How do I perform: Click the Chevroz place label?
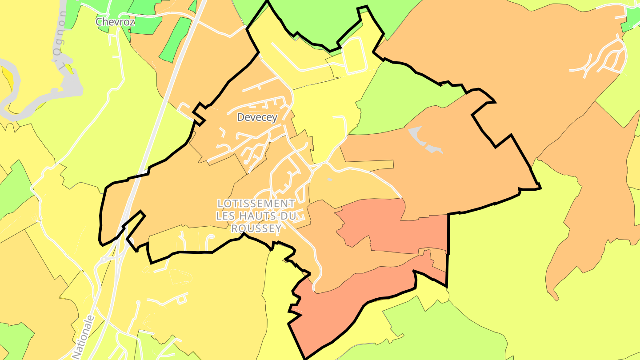(x=115, y=21)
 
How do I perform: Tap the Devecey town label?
(x=257, y=117)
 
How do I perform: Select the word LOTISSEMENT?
(x=256, y=204)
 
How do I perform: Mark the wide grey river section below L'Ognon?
(x=67, y=89)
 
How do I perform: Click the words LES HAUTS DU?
(x=256, y=216)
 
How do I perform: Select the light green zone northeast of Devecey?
(x=400, y=102)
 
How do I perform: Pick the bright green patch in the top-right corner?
(x=631, y=20)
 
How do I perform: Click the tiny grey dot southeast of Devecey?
(x=329, y=180)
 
